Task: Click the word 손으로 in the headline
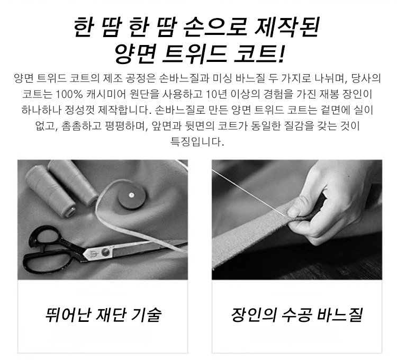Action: (x=215, y=26)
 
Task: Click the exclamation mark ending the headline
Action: (x=281, y=53)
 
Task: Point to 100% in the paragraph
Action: (x=69, y=94)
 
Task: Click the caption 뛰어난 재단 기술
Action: (x=103, y=314)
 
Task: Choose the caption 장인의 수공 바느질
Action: (x=297, y=314)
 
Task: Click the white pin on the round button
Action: (x=131, y=195)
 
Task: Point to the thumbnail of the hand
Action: (x=294, y=211)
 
